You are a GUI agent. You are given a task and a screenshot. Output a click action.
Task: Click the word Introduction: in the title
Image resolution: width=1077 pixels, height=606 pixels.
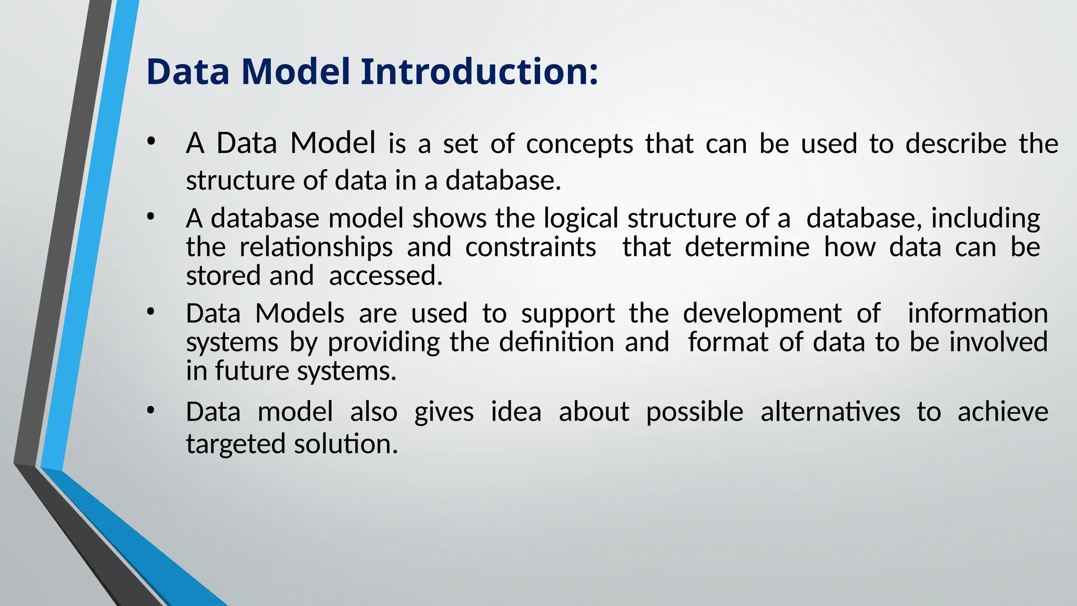(479, 71)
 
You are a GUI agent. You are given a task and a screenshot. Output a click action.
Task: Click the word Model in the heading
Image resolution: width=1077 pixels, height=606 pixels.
(296, 71)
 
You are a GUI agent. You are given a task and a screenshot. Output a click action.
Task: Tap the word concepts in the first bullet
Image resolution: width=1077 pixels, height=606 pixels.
(580, 144)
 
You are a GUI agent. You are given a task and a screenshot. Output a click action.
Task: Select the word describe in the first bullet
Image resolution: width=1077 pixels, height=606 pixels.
(956, 144)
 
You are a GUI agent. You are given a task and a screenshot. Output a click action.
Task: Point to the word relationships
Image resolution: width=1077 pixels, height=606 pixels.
(316, 247)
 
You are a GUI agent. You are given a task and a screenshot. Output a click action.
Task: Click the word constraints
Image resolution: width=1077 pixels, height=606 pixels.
(530, 247)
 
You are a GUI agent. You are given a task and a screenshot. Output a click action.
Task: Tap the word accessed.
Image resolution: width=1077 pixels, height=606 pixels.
(385, 276)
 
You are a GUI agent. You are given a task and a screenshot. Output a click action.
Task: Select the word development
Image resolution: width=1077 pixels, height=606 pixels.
(762, 314)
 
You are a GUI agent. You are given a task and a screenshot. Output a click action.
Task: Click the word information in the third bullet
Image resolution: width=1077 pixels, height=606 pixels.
(978, 314)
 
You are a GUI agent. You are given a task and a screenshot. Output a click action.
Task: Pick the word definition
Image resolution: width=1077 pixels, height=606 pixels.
(556, 342)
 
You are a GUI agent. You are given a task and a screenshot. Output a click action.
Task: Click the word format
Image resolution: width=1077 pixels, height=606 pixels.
(728, 342)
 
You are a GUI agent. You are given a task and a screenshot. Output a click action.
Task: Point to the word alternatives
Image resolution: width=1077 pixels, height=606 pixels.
(830, 412)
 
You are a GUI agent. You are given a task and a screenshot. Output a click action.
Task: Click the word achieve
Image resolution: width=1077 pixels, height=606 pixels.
(1002, 412)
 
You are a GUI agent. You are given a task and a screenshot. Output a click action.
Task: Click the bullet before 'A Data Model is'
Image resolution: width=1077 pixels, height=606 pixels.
(151, 141)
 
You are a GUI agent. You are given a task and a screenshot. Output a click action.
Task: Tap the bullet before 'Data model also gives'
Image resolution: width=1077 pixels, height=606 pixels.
(151, 410)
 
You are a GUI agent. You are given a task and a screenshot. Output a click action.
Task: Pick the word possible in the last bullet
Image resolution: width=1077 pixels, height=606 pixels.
(694, 412)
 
